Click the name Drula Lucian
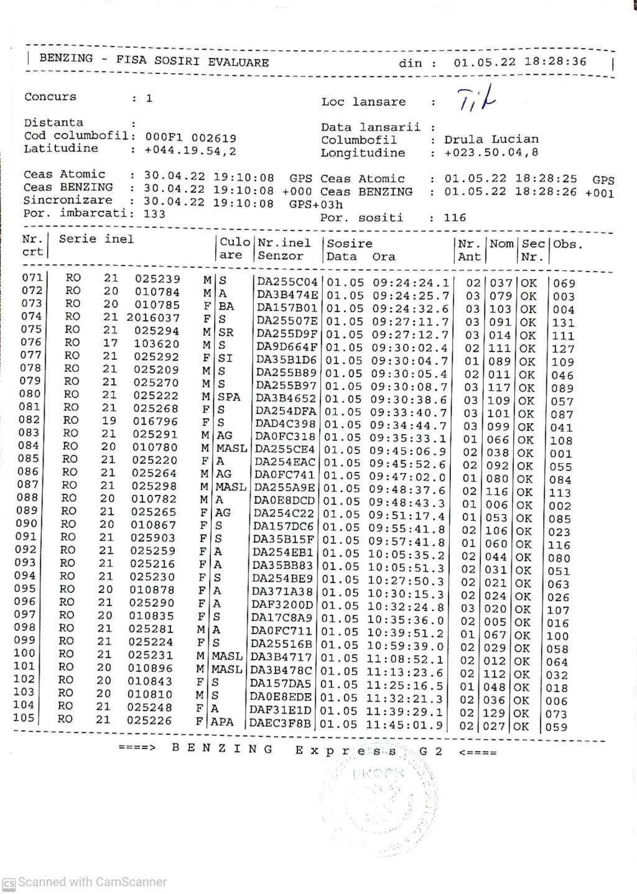coord(491,139)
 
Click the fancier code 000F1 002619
coord(190,137)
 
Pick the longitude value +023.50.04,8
coord(491,152)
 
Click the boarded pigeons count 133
coord(154,213)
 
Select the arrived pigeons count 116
coord(455,218)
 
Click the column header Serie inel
coord(96,239)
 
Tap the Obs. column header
coord(568,244)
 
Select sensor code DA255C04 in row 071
coord(287,282)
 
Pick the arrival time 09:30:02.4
coord(410,348)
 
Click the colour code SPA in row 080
coord(229,397)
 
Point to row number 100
coord(24,653)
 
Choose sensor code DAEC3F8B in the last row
coord(282,724)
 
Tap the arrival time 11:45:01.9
coord(404,724)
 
